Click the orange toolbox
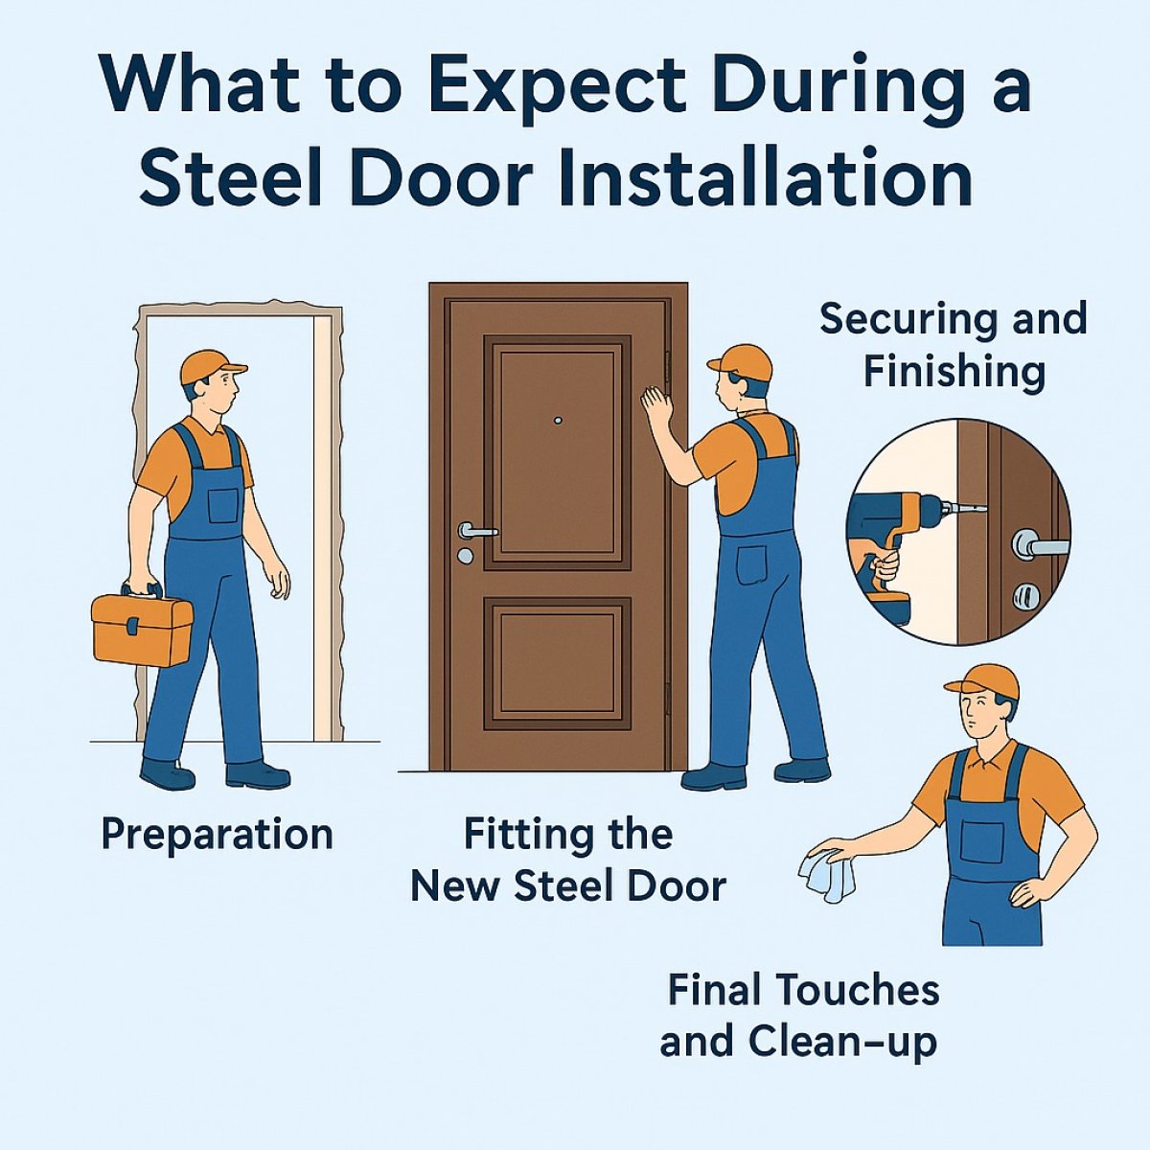(142, 628)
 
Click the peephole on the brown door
(556, 420)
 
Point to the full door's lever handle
(475, 530)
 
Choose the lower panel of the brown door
(557, 662)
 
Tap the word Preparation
(217, 835)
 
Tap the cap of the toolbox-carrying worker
(211, 365)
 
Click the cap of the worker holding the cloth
(984, 679)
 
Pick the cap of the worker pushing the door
(743, 361)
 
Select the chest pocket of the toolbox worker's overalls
(223, 504)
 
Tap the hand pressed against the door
(656, 405)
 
